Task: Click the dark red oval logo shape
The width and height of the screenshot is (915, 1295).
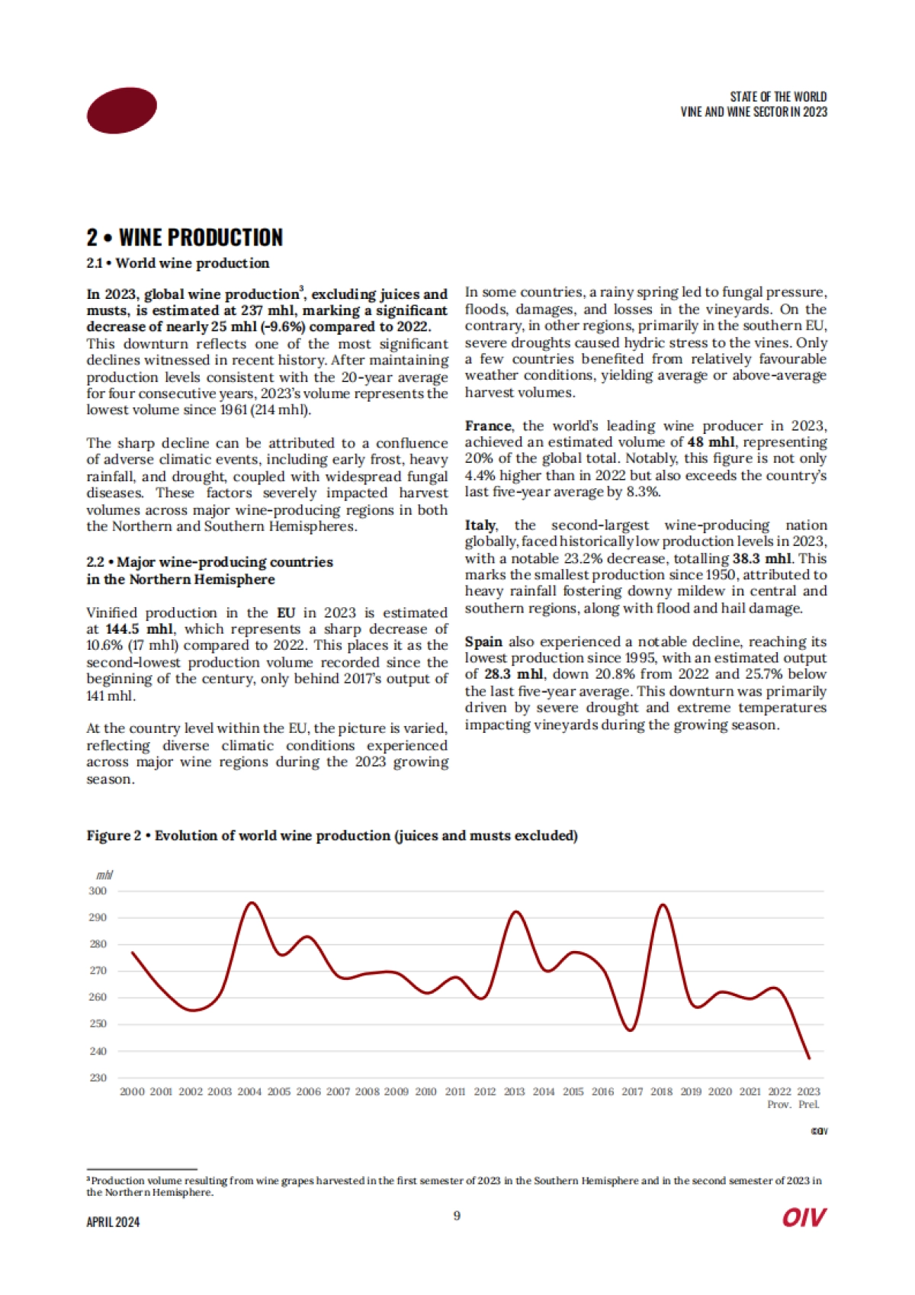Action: [122, 111]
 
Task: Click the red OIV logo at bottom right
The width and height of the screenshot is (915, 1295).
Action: [804, 1218]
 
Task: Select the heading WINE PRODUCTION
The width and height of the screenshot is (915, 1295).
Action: [201, 238]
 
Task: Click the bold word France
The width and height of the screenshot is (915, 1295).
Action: [488, 426]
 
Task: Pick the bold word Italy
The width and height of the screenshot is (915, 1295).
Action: [480, 525]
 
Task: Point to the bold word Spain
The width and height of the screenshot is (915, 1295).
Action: [483, 641]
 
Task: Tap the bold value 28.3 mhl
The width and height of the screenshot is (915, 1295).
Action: [514, 674]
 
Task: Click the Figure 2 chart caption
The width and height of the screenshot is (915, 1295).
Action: [332, 836]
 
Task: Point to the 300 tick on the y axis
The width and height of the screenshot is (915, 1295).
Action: [98, 891]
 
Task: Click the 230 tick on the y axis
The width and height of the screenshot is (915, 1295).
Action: [98, 1078]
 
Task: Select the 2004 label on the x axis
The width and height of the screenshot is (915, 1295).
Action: [249, 1092]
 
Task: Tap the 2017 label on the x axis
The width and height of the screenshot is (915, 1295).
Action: [632, 1092]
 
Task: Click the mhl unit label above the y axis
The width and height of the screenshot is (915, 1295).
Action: [105, 876]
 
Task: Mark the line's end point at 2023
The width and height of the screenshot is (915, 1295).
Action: [809, 1059]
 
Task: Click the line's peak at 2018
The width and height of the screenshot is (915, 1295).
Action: [663, 905]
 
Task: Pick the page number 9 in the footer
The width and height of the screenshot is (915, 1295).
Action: [457, 1216]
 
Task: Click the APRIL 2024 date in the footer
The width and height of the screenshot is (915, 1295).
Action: [113, 1222]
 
